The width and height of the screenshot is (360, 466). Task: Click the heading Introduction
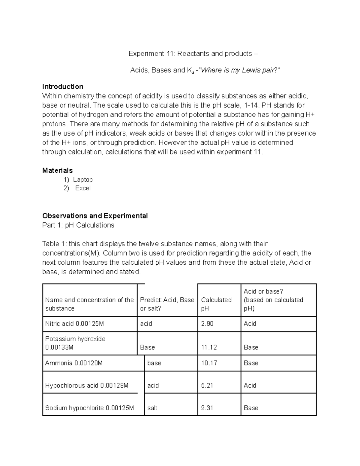tap(63, 87)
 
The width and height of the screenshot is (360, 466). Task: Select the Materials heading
tap(57, 170)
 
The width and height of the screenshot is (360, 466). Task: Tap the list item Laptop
tap(83, 179)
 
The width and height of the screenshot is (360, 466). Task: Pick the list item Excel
tap(83, 188)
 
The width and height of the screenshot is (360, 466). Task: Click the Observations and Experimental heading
tap(95, 216)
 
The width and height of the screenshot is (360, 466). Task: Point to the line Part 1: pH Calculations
tap(78, 225)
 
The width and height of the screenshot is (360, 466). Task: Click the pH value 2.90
tap(207, 323)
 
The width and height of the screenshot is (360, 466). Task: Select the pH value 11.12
tap(209, 347)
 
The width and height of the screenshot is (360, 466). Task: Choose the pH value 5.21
tap(207, 385)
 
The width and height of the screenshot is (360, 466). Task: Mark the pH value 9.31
tap(207, 408)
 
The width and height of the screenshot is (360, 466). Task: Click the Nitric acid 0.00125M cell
tap(74, 323)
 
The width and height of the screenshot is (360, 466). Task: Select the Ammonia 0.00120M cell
tap(74, 363)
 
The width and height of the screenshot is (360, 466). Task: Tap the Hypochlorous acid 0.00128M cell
tap(87, 385)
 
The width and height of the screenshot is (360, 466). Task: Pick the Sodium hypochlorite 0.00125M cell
tap(89, 408)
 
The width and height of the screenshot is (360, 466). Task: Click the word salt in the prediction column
tap(152, 408)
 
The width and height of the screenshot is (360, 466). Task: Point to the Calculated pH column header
tap(216, 304)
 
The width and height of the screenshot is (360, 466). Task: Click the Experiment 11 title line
tap(193, 54)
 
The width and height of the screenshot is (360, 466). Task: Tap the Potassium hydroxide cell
tap(75, 343)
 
